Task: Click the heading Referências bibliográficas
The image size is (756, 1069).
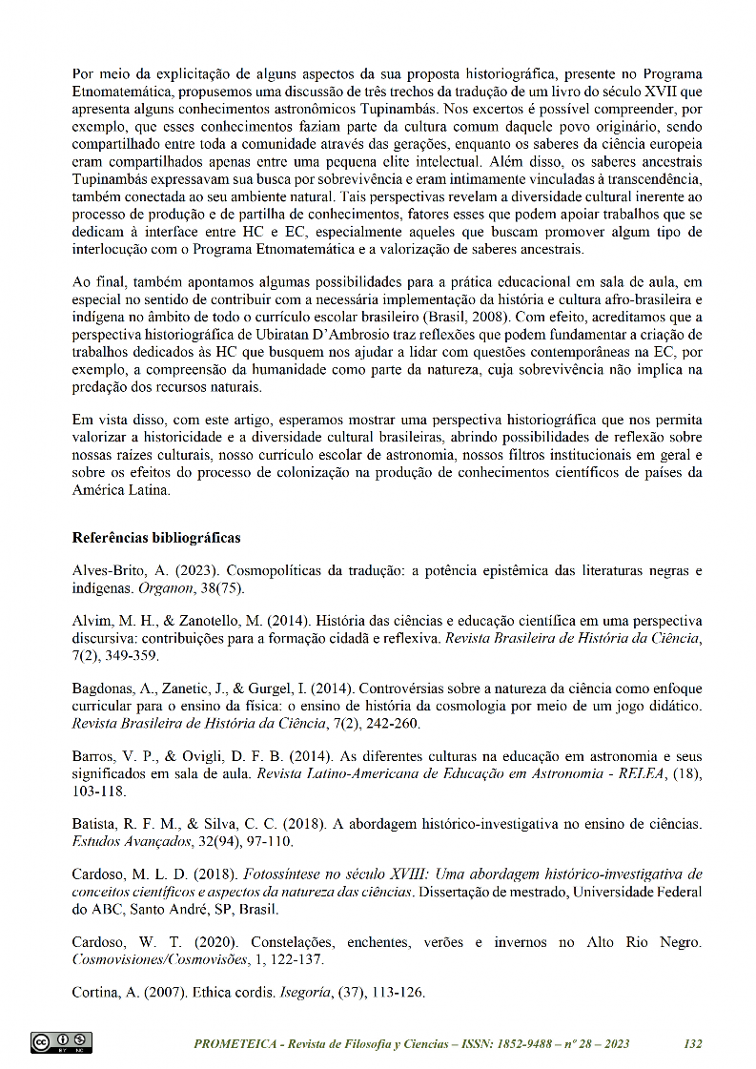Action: (156, 538)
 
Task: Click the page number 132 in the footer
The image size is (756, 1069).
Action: (693, 1044)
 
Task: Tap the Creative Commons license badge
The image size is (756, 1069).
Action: (61, 1042)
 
